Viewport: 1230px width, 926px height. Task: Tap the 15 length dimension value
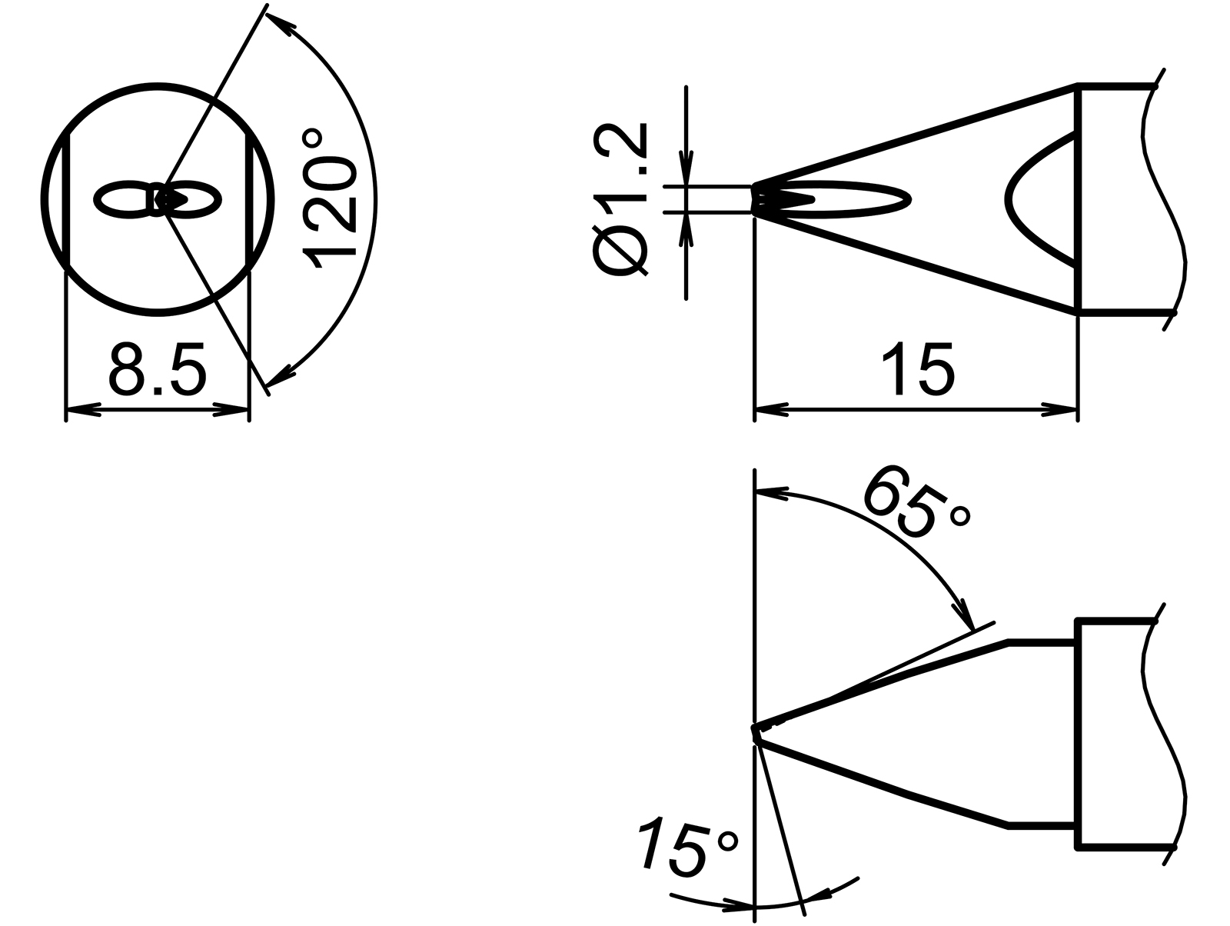pos(918,371)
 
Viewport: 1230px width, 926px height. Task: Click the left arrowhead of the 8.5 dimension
pos(83,411)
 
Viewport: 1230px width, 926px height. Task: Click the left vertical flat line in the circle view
pos(68,200)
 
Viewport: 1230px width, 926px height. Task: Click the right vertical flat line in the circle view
pos(248,200)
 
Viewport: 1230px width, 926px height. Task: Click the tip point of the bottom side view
pos(756,730)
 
